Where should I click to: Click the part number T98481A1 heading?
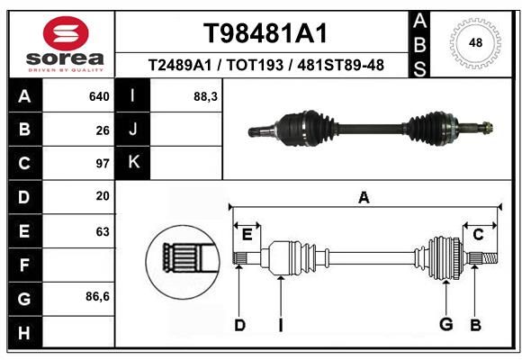coord(265,33)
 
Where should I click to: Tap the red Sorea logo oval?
coord(66,33)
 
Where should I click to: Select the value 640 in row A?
coord(99,96)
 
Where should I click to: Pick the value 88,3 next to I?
coord(205,96)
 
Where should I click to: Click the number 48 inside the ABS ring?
coord(475,42)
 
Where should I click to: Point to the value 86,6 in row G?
coord(97,296)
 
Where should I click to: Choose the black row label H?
coord(25,333)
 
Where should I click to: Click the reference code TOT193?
coord(255,65)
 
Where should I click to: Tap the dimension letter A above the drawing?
coord(364,197)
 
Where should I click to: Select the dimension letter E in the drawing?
coord(247,235)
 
